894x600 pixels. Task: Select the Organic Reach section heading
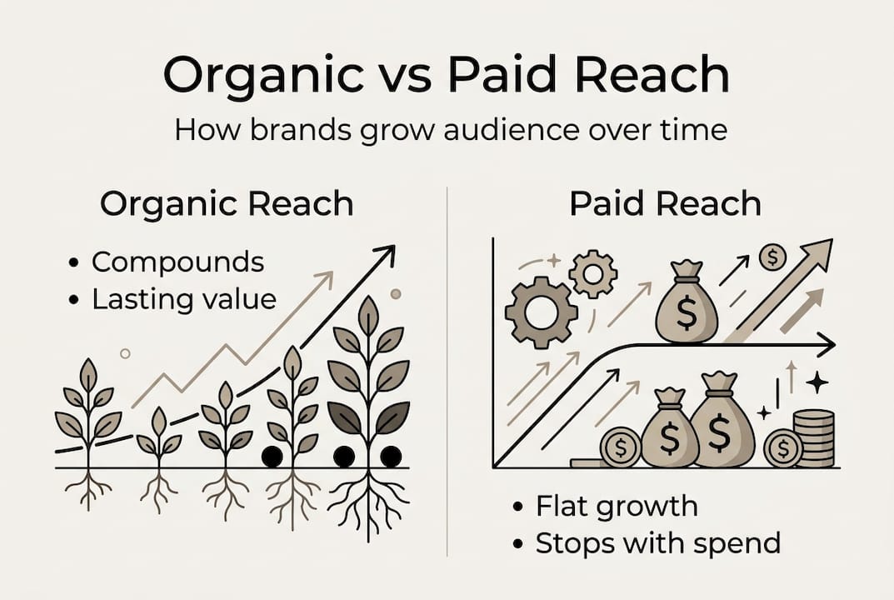click(x=227, y=204)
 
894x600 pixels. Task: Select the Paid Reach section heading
click(x=664, y=204)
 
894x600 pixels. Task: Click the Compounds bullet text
click(x=177, y=262)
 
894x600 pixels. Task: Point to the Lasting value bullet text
click(x=183, y=299)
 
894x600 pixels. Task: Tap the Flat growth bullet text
click(x=617, y=506)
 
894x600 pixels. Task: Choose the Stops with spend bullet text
click(x=657, y=543)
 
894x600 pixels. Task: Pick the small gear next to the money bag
click(x=593, y=273)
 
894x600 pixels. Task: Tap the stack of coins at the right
click(x=815, y=437)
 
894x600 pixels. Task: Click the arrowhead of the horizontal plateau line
click(x=827, y=343)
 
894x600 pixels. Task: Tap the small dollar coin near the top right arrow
click(x=772, y=257)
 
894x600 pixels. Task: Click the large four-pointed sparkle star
click(x=817, y=382)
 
